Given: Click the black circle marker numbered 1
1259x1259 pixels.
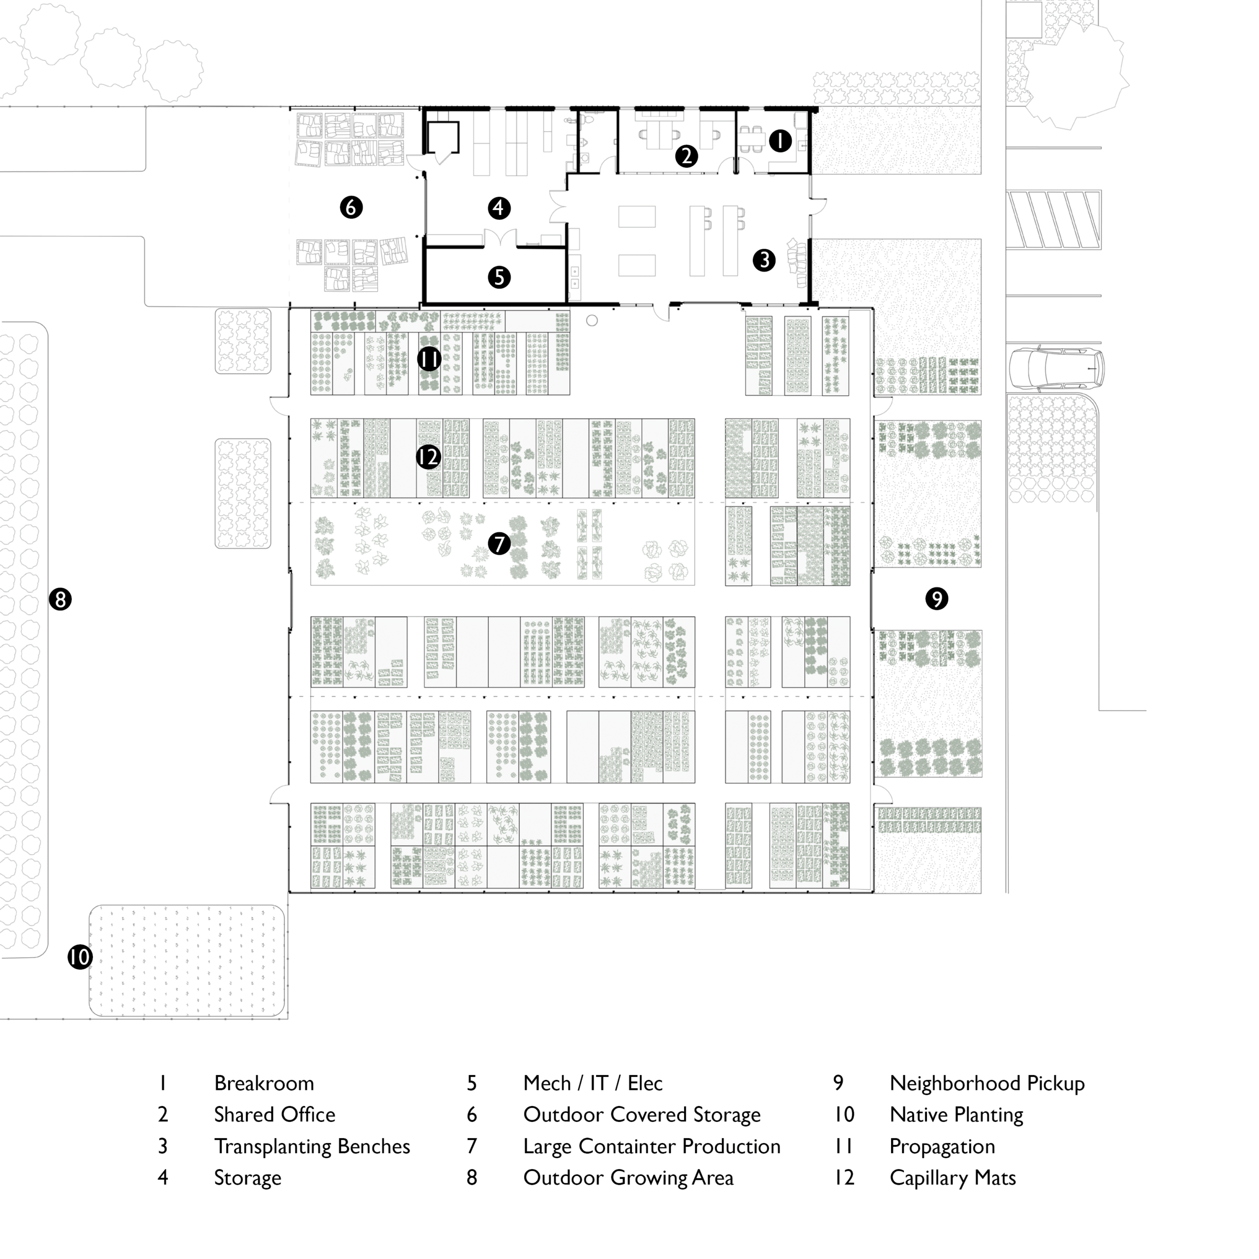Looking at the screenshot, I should pos(780,141).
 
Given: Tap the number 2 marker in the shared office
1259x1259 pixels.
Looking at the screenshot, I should pos(686,156).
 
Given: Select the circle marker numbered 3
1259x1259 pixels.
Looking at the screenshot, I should pos(764,260).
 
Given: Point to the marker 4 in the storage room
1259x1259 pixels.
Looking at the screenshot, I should pos(499,208).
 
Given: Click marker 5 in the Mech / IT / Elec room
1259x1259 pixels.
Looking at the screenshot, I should pos(499,277).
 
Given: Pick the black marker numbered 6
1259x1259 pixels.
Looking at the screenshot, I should pos(351,207).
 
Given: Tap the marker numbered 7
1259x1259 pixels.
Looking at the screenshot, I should pos(499,543).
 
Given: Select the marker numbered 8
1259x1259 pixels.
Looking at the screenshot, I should pos(60,599).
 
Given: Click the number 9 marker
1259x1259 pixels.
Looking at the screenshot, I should pos(936,598).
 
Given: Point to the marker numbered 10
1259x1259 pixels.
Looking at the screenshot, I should pos(80,958).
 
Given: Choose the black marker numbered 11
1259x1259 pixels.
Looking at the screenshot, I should pos(429,359).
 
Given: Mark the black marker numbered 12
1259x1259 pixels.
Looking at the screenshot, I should pos(428,457).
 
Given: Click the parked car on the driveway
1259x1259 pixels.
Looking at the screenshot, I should pos(1056,369).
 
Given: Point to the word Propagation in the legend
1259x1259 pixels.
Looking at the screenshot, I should pos(942,1147).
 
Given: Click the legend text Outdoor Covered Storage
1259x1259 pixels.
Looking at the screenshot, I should pos(641,1115).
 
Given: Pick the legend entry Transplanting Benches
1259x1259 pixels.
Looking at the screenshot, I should pos(312,1147).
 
